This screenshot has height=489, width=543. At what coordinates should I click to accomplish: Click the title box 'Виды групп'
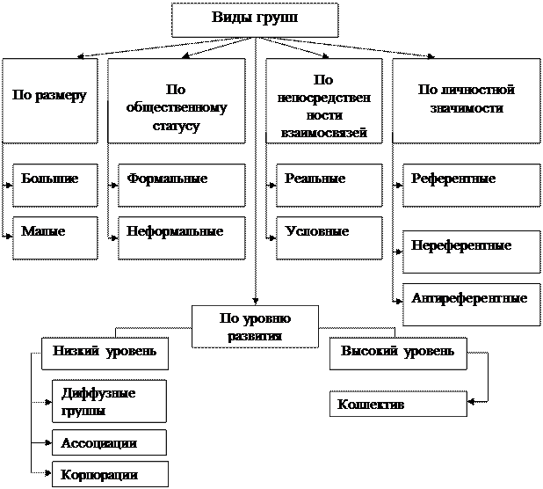[255, 19]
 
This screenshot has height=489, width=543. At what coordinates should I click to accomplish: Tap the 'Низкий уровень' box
[105, 354]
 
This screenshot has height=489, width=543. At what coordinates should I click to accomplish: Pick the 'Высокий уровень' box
[398, 354]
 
